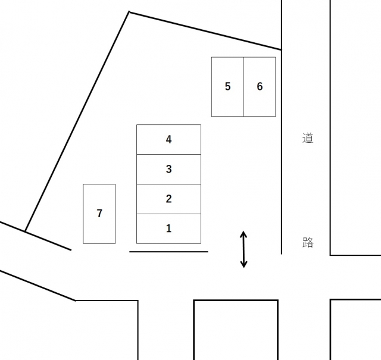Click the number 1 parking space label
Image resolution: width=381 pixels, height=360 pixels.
coord(168,228)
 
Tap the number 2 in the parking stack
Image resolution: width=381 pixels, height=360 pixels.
coord(168,199)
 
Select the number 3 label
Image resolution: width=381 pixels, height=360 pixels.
coord(168,169)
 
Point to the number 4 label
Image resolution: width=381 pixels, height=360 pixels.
coord(168,139)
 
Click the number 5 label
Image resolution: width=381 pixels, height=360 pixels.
coord(227,86)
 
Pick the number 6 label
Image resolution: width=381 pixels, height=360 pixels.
coord(260,86)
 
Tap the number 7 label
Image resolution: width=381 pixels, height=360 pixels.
coord(99,213)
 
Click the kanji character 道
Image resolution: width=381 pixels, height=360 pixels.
coord(308,138)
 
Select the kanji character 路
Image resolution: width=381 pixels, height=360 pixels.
coord(308,242)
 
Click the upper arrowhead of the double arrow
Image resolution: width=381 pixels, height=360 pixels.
coord(243,234)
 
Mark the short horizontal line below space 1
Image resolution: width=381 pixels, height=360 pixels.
coord(168,252)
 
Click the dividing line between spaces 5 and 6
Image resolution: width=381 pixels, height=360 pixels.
coord(243,86)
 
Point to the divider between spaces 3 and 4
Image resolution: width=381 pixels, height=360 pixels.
coord(168,154)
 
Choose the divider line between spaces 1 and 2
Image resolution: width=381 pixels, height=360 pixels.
coord(168,214)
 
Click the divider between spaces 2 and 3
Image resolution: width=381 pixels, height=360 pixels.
coord(168,184)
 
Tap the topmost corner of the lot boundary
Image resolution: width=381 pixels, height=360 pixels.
coord(129,12)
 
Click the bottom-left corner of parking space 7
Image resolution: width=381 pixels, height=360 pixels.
coord(83,243)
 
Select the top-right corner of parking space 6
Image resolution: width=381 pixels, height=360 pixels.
coord(275,57)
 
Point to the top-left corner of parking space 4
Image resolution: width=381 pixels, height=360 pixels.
coord(137,125)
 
